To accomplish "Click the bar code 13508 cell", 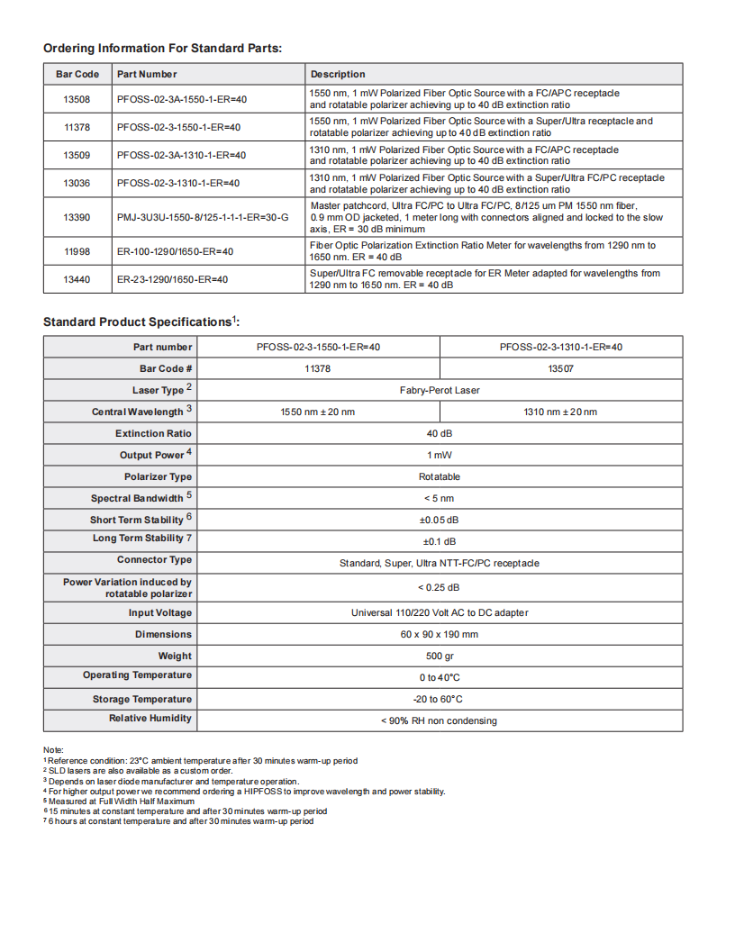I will coord(77,99).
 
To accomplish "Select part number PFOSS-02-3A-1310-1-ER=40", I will coord(181,155).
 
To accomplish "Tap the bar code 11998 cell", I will coord(77,251).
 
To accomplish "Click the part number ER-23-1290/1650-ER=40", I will coord(172,279).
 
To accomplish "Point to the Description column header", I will coord(338,74).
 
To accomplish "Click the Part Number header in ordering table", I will coord(147,74).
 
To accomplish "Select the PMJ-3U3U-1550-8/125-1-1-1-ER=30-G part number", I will coord(203,217).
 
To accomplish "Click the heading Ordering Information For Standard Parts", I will coord(162,48).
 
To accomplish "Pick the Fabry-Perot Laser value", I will coord(440,390).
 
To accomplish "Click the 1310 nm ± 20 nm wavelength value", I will coord(560,412).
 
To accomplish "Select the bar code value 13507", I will coord(560,368).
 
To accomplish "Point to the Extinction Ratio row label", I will coord(153,433).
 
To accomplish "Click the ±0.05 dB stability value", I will coord(440,520).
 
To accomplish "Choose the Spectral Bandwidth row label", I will coord(137,498).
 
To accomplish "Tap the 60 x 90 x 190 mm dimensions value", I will coord(440,634).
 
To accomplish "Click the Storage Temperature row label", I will coord(142,699).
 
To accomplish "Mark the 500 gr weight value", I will coord(440,656).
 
